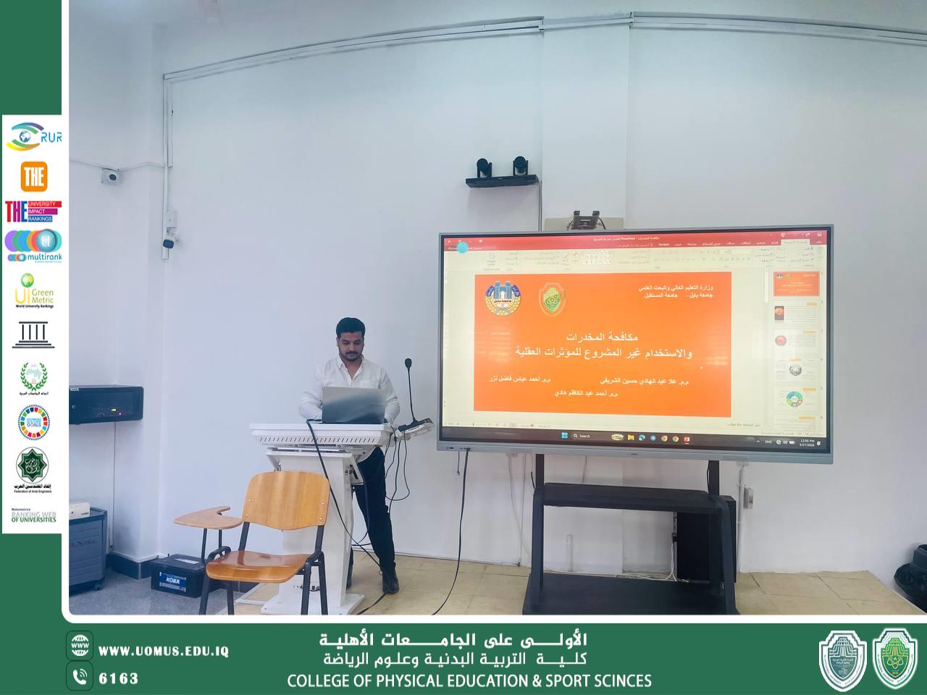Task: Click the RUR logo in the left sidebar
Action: pos(33,136)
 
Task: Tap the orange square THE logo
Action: pos(34,176)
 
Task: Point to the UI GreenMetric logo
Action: pos(33,290)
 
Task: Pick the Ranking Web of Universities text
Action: pos(33,516)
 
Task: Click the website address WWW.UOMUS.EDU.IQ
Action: pos(163,651)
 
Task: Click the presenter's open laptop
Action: pos(352,404)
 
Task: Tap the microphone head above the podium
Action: pos(408,362)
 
